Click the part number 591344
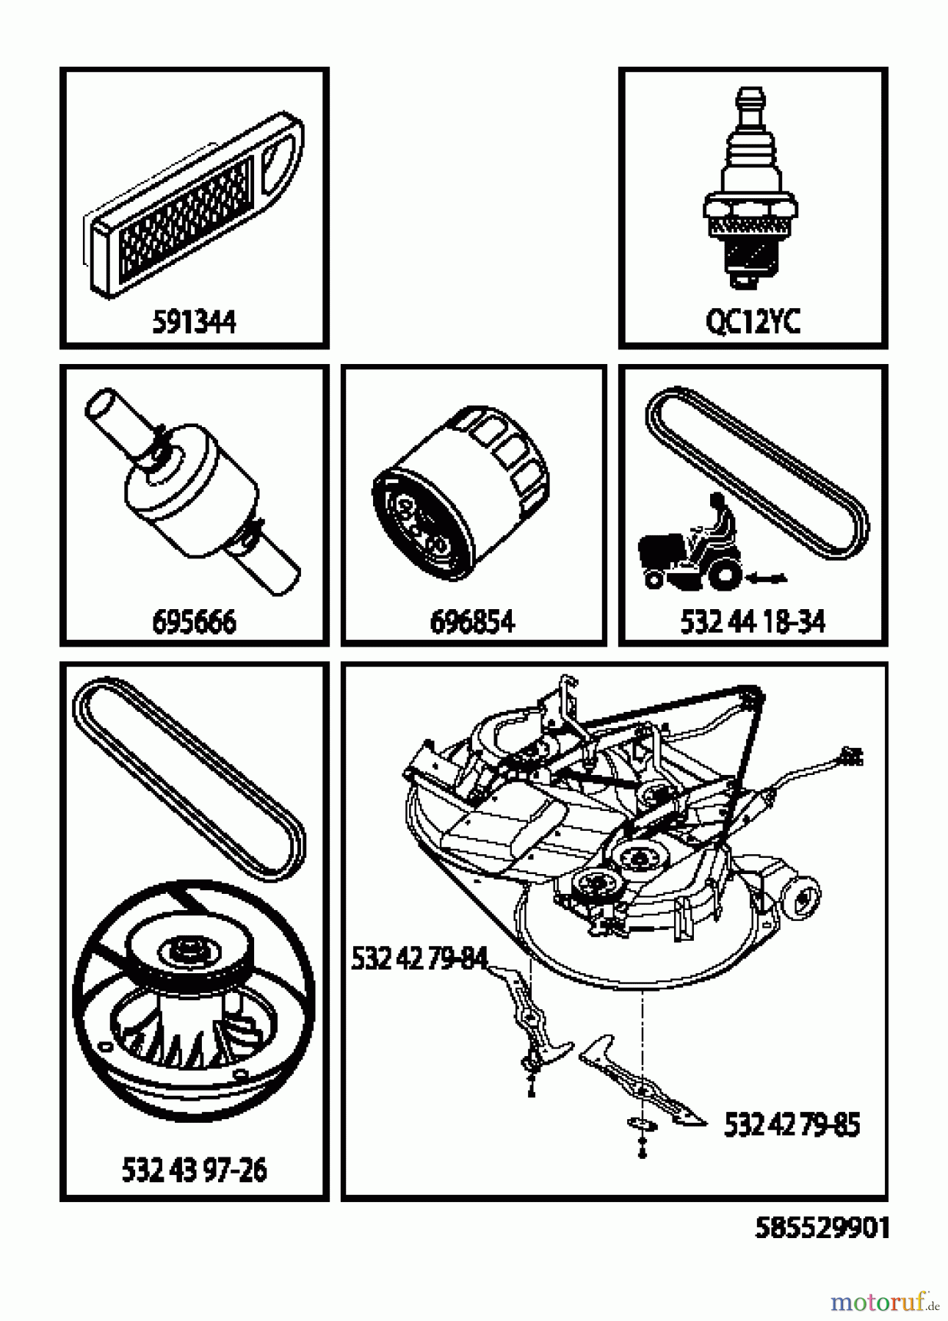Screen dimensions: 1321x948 pos(194,322)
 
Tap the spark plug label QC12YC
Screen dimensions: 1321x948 pos(753,322)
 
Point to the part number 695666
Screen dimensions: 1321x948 pos(194,622)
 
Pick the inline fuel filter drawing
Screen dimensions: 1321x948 pos(193,490)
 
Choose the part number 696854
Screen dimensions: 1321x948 pos(472,622)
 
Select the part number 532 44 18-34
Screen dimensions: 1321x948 pos(753,622)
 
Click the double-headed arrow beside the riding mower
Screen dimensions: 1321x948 pos(766,580)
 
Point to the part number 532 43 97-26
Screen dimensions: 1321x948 pos(194,1170)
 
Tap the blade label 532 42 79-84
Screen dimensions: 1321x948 pos(419,958)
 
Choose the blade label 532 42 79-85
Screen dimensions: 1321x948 pos(792,1124)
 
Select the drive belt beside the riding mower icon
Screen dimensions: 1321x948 pos(756,470)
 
